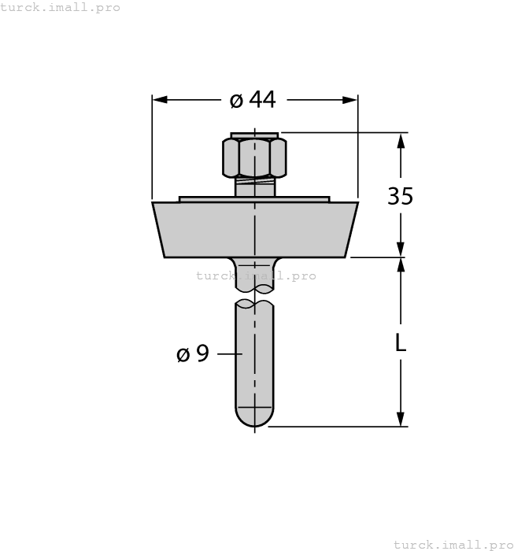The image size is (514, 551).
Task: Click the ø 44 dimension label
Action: (x=253, y=100)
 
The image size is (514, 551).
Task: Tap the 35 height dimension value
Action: (x=400, y=196)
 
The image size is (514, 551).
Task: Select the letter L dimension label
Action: (x=400, y=343)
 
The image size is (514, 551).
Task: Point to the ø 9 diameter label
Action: (x=193, y=354)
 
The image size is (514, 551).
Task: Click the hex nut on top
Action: (x=254, y=157)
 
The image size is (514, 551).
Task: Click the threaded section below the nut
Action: (x=254, y=188)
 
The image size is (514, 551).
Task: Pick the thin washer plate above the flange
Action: (x=254, y=199)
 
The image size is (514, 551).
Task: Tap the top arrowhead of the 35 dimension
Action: (x=401, y=141)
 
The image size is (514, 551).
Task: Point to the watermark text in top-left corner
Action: (x=61, y=7)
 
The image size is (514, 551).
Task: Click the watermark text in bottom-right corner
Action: (x=453, y=544)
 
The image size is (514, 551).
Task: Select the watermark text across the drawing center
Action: (x=256, y=275)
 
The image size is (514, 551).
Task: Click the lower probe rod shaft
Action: (x=254, y=362)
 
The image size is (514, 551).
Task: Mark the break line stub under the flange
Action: (x=254, y=277)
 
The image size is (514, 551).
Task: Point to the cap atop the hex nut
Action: (x=254, y=135)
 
